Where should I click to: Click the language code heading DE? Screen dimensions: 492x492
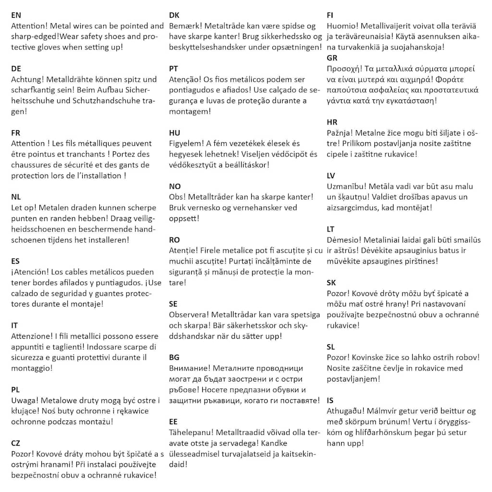16,69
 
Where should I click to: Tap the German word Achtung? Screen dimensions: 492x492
28,80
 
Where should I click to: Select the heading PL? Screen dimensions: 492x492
15,390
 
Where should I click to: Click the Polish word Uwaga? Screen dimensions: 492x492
25,400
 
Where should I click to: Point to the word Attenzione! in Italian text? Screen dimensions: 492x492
32,336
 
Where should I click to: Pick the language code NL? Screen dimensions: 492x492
16,197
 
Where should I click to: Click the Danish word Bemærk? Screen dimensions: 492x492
185,26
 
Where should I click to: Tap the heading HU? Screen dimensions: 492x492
174,133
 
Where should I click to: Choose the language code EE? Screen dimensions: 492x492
173,421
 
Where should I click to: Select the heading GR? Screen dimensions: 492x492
332,58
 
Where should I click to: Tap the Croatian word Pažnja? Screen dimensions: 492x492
341,133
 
